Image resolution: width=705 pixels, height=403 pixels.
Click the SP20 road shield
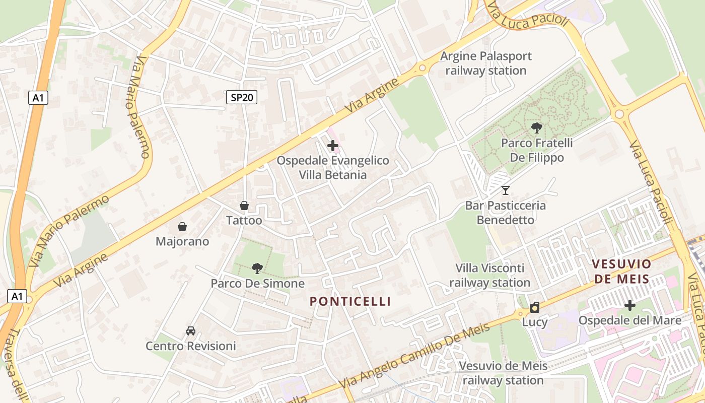[241, 98]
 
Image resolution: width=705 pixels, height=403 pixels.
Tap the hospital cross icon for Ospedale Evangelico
[332, 146]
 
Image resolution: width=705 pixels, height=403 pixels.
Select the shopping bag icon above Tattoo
[244, 206]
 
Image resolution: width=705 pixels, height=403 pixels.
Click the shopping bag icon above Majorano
[182, 227]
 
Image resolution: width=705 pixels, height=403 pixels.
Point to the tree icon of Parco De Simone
[257, 268]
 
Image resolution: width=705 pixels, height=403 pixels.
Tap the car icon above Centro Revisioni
[191, 331]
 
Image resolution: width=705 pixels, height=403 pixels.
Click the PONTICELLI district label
[350, 301]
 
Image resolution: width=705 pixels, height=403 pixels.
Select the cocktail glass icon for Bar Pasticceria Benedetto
[506, 190]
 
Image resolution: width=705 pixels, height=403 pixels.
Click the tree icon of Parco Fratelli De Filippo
[537, 128]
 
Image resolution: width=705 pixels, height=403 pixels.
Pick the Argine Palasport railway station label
[486, 63]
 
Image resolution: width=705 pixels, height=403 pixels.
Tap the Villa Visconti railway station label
[490, 276]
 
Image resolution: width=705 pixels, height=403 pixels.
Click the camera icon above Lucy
[535, 307]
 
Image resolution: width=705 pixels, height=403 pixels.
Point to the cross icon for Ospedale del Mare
[629, 305]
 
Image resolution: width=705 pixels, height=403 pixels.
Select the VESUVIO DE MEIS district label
[622, 271]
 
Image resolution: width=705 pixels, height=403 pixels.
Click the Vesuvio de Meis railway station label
[503, 373]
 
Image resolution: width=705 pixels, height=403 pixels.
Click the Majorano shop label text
[182, 242]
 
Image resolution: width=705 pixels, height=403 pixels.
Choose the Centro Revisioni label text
[191, 347]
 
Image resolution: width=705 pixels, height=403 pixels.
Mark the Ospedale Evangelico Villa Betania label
[333, 168]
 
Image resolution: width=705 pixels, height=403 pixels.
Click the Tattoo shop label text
[244, 221]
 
